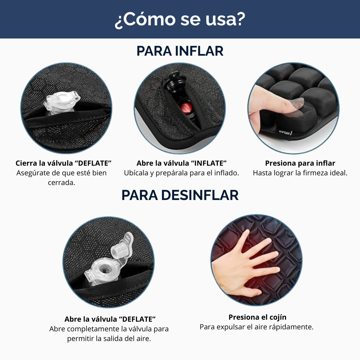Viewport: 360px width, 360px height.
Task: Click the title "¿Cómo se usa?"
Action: tap(180, 20)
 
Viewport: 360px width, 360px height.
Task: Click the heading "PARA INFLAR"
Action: tap(180, 51)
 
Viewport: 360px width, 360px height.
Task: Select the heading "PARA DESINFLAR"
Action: tap(180, 195)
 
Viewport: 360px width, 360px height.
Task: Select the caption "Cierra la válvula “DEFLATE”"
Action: tap(63, 163)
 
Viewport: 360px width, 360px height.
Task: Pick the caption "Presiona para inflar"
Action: tap(300, 163)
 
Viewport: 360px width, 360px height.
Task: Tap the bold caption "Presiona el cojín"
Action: tap(257, 317)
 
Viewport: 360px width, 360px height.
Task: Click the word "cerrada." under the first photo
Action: tap(61, 183)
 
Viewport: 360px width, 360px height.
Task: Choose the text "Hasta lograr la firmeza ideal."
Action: tap(300, 173)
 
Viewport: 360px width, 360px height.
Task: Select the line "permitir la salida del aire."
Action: tap(109, 339)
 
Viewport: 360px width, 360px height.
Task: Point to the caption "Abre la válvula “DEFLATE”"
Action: tap(110, 319)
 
